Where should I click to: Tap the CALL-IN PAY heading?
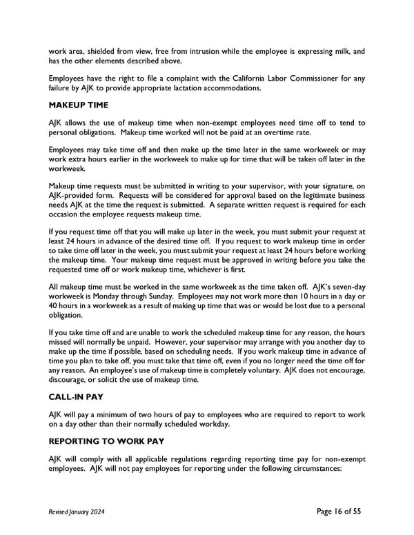[x=77, y=397]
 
